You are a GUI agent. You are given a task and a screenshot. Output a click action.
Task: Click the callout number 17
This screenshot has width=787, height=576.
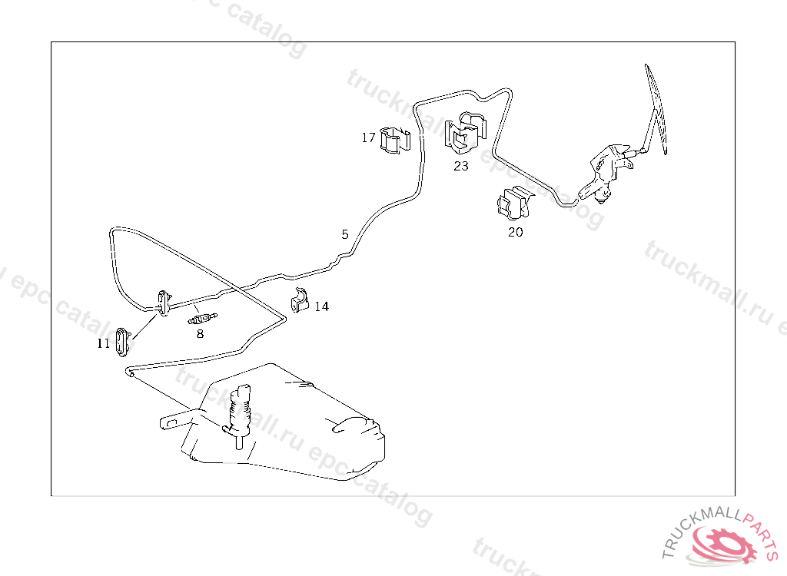(368, 137)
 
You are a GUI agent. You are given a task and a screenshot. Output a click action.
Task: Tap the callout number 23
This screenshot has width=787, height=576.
(461, 166)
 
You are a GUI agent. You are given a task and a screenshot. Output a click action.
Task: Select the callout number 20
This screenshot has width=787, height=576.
(516, 232)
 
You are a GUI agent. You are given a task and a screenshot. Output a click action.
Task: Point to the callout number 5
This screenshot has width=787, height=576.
(345, 234)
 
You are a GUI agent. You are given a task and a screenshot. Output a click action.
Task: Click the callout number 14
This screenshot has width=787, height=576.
(321, 306)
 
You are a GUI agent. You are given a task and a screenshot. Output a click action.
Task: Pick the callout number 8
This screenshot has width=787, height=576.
(201, 333)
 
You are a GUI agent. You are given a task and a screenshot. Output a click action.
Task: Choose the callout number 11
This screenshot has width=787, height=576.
(104, 344)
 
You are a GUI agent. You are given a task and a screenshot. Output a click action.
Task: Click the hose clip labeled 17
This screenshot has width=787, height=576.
(395, 141)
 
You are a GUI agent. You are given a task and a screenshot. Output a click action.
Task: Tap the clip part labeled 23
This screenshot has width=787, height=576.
(465, 132)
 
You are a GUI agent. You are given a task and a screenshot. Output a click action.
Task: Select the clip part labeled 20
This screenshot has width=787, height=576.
(513, 204)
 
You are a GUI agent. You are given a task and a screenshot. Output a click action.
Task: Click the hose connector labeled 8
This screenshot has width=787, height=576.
(202, 319)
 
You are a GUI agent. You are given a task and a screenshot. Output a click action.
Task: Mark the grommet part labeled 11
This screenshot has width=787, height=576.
(122, 342)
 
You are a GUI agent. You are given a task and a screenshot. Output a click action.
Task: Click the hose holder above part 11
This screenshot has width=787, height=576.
(164, 303)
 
